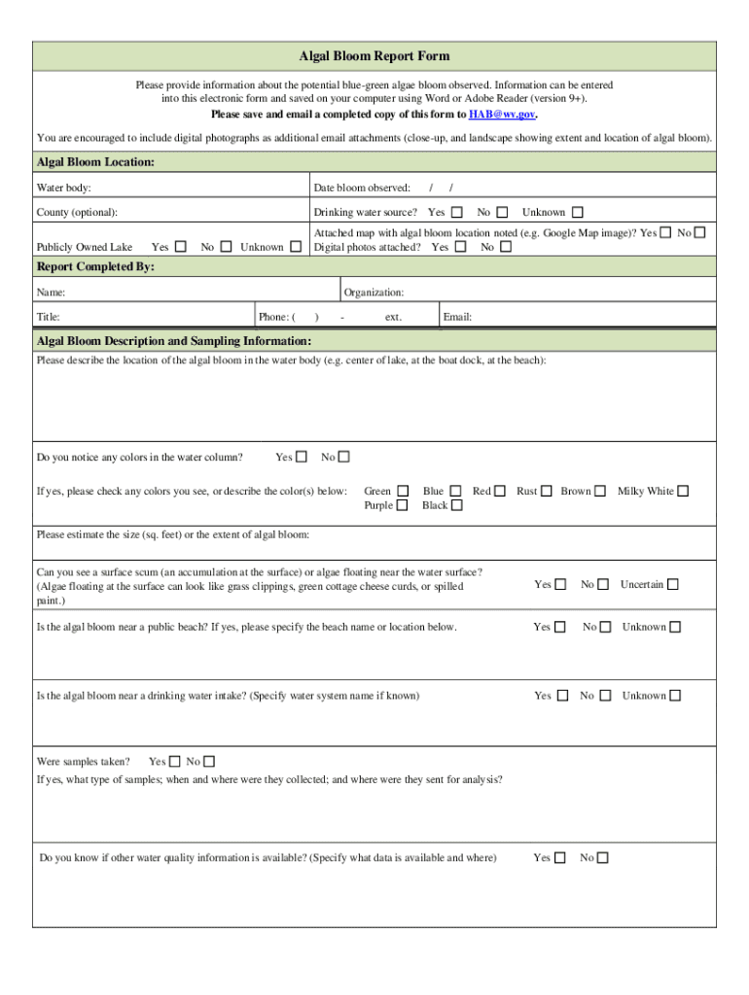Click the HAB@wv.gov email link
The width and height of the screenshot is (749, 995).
501,115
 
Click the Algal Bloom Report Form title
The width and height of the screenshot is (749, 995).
374,56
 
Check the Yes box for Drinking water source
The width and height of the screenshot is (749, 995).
456,212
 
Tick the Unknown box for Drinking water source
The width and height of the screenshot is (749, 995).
577,212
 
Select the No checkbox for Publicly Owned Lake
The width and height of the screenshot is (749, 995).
226,247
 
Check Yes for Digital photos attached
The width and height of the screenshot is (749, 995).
460,247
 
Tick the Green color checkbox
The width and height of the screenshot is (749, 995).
403,491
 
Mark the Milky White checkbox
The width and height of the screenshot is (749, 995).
683,491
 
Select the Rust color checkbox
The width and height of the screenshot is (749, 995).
547,491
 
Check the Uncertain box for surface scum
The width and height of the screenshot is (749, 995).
673,584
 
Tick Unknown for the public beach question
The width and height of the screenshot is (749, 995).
675,627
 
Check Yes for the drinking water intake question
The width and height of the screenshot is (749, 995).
561,696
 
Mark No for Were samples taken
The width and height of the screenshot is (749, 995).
209,762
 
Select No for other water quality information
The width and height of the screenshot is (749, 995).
603,858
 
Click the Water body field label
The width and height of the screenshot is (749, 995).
64,188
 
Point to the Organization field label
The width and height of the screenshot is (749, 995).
374,292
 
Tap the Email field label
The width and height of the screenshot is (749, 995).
457,317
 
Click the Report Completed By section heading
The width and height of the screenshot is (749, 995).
95,266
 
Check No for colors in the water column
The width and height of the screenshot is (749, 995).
343,457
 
